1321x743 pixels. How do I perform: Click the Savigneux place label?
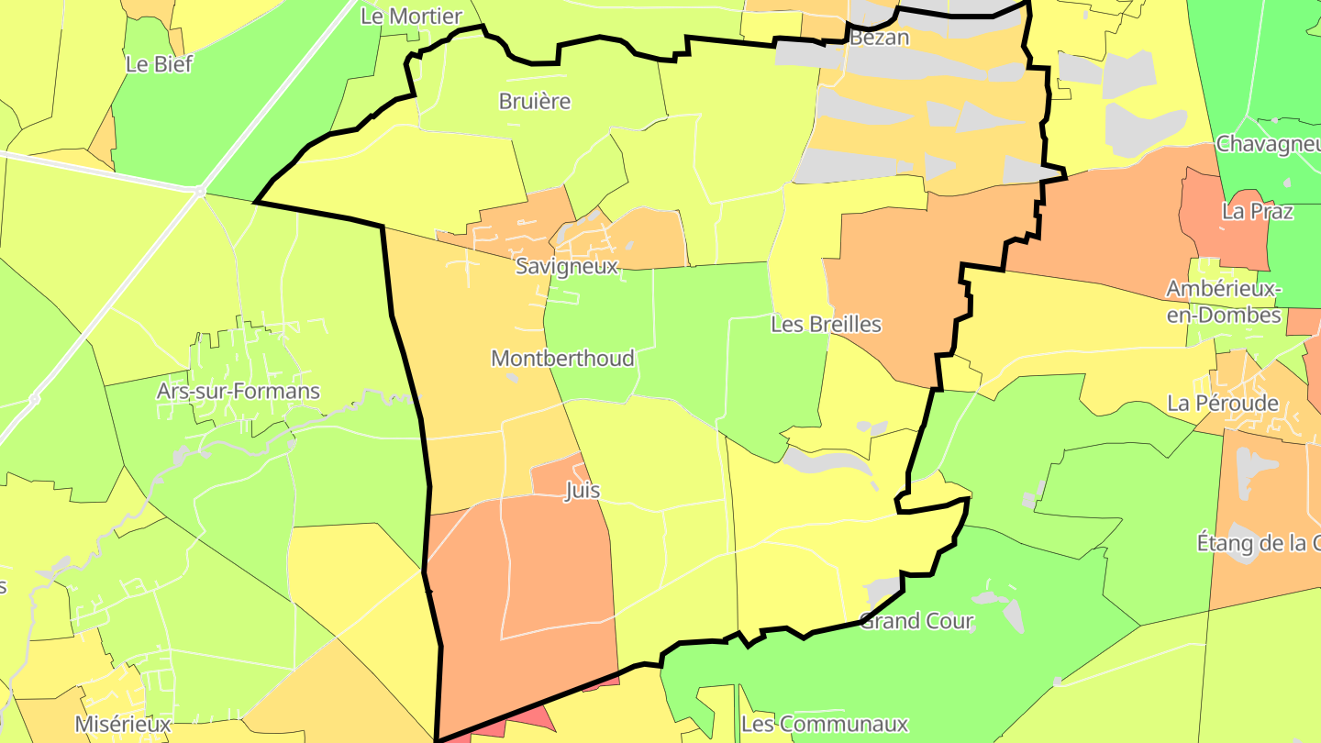click(x=566, y=266)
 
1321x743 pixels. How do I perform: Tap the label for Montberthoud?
click(x=562, y=358)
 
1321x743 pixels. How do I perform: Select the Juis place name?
click(x=583, y=490)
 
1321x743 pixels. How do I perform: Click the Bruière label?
click(x=535, y=101)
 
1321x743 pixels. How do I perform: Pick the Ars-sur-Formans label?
click(x=239, y=391)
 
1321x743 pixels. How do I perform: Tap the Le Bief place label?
click(x=159, y=64)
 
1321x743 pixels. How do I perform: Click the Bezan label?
click(x=879, y=38)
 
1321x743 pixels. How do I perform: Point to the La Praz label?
click(x=1258, y=211)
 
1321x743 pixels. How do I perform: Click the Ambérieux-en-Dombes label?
click(x=1224, y=302)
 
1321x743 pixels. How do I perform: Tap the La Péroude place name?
click(x=1223, y=403)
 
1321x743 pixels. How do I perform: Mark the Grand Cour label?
click(x=916, y=621)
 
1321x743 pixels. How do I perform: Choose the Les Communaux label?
click(x=824, y=724)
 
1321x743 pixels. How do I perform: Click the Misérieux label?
click(x=123, y=724)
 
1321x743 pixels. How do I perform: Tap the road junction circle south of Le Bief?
click(x=199, y=192)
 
